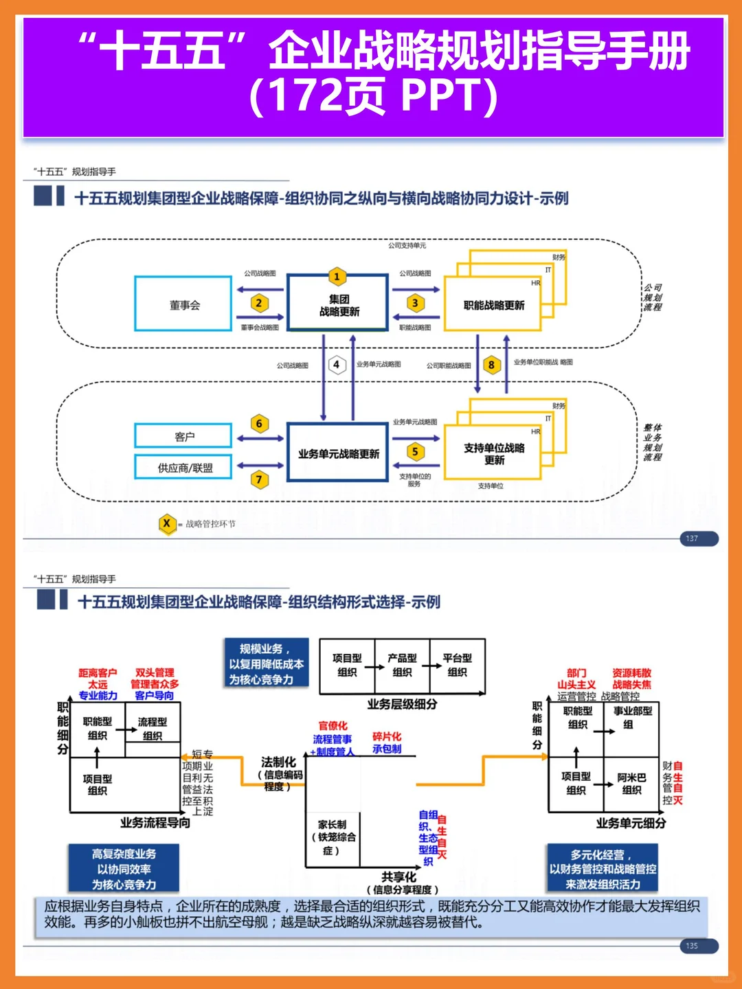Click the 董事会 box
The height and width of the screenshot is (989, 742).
[x=183, y=304]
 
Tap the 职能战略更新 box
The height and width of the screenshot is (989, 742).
[x=493, y=305]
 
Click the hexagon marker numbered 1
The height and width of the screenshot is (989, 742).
[x=337, y=276]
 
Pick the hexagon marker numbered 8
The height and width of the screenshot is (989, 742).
[x=491, y=365]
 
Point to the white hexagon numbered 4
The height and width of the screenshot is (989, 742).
[x=337, y=365]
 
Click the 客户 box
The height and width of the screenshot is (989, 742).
[x=183, y=436]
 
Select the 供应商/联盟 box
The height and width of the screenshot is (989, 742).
[x=183, y=468]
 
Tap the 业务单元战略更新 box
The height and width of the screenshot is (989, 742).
[x=338, y=454]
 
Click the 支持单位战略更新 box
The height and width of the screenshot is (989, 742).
[x=493, y=453]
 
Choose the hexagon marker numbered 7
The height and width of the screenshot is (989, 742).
[x=259, y=479]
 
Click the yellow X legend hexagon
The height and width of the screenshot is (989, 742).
[x=166, y=523]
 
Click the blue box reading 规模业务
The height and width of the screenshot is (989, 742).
[x=266, y=663]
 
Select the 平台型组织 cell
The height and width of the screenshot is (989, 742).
[x=457, y=665]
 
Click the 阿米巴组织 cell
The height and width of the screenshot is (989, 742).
[x=631, y=784]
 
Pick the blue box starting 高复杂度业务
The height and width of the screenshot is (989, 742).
[x=124, y=869]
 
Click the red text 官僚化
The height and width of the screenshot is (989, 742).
[x=333, y=725]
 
